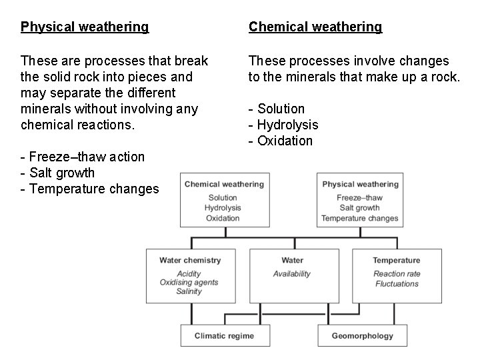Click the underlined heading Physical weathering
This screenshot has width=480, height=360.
(85, 27)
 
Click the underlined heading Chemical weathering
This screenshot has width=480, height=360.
(315, 27)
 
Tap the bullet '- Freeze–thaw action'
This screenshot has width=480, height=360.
(83, 157)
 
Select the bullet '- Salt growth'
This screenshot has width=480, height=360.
(58, 173)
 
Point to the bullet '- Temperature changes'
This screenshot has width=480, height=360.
(90, 189)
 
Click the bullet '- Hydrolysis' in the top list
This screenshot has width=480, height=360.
(283, 125)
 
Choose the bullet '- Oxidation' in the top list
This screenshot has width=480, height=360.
(281, 141)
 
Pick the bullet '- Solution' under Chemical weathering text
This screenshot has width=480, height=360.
(277, 109)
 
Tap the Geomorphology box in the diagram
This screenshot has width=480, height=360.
(363, 336)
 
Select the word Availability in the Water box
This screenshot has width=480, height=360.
(292, 274)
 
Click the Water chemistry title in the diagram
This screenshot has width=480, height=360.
(190, 260)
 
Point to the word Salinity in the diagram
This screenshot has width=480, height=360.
(189, 291)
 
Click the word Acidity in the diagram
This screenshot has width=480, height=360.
(189, 274)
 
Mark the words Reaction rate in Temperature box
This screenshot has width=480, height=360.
(396, 274)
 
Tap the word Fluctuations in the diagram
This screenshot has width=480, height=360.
(396, 283)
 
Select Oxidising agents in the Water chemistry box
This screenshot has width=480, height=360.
(189, 283)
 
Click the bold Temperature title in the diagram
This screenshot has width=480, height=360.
(396, 260)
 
